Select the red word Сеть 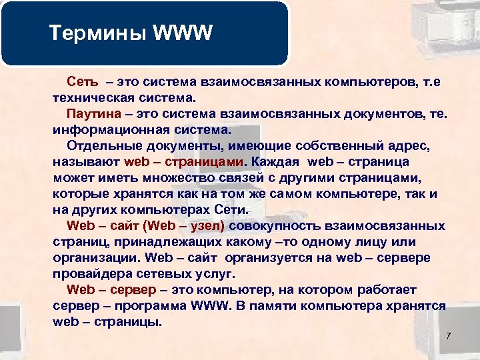(83, 83)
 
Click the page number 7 (449, 335)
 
